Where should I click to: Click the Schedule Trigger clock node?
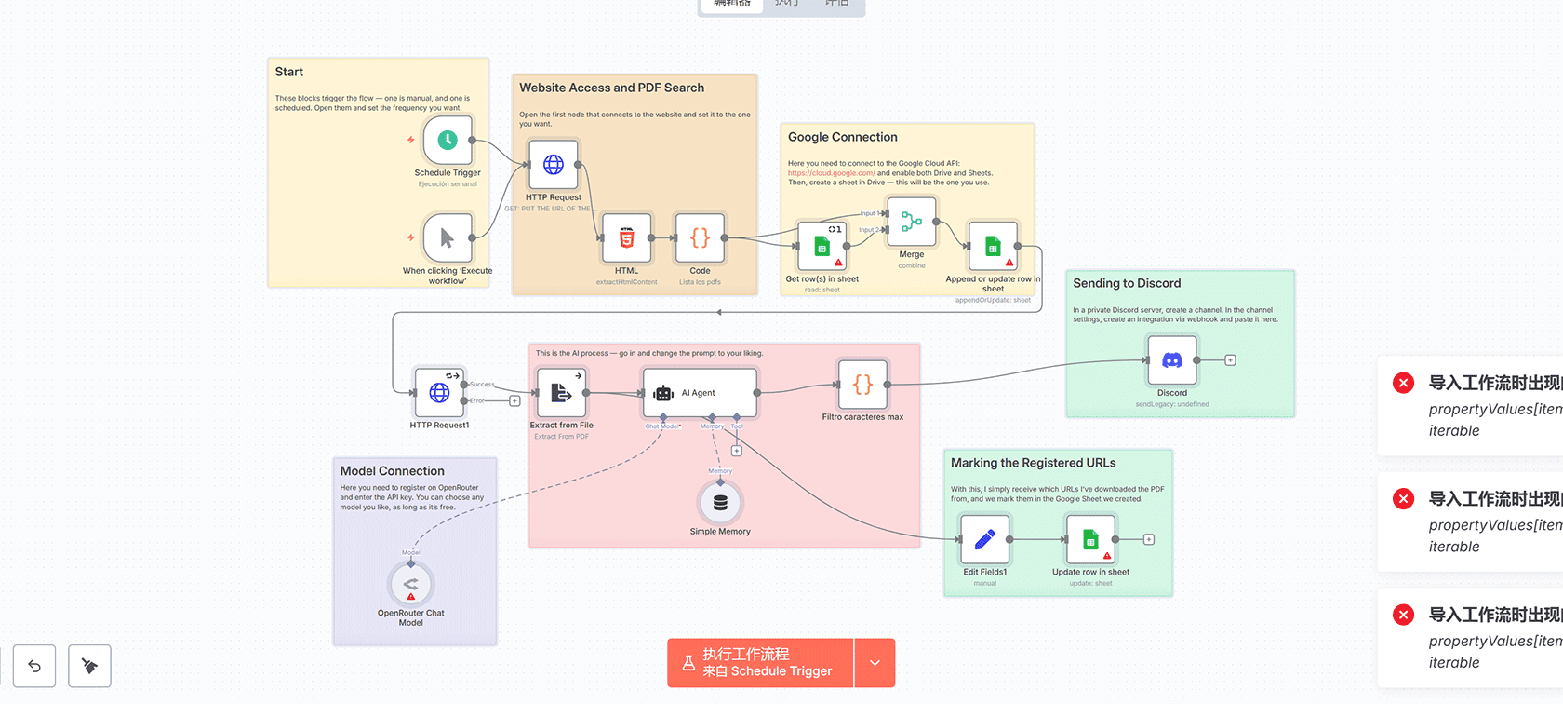pos(448,140)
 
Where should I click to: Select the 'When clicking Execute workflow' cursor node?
pos(448,237)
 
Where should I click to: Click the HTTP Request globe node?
pos(554,165)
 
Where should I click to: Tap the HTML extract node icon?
pos(627,238)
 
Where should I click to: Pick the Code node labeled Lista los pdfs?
pos(700,238)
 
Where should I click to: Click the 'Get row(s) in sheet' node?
pos(822,246)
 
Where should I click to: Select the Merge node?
pos(912,222)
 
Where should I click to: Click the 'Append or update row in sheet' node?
pos(993,246)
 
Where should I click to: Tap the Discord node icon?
pos(1172,360)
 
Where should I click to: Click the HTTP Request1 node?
pos(439,393)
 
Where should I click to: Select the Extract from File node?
pos(561,393)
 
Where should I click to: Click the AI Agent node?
pos(700,393)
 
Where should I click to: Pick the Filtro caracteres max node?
pos(862,384)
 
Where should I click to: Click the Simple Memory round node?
pos(720,503)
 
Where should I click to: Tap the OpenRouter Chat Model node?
pos(411,585)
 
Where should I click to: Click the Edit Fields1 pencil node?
pos(984,539)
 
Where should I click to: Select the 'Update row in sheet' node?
pos(1090,539)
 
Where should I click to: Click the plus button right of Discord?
pos(1230,360)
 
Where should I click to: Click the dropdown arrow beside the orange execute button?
pos(875,663)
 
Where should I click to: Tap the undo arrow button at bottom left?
pos(34,666)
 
